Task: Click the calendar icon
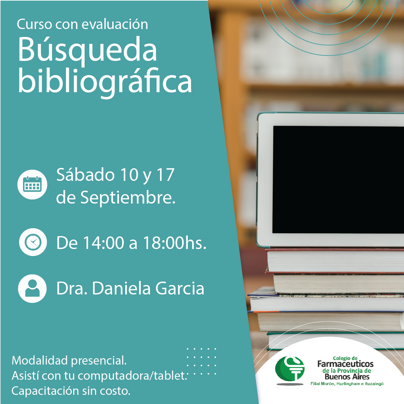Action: (x=32, y=185)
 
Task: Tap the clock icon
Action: (x=33, y=242)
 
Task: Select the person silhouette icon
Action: (x=32, y=288)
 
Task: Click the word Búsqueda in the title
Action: (x=87, y=50)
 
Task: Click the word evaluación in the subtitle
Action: (x=115, y=24)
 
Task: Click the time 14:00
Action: (x=104, y=243)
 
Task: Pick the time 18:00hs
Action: (x=175, y=243)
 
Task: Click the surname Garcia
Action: (x=180, y=288)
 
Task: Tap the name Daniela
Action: (x=122, y=288)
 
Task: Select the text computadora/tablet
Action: (x=132, y=376)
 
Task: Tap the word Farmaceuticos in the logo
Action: (x=345, y=364)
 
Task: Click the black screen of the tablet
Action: (x=338, y=180)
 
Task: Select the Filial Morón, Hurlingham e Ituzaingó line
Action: (x=347, y=384)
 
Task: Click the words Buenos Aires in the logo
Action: (x=347, y=377)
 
